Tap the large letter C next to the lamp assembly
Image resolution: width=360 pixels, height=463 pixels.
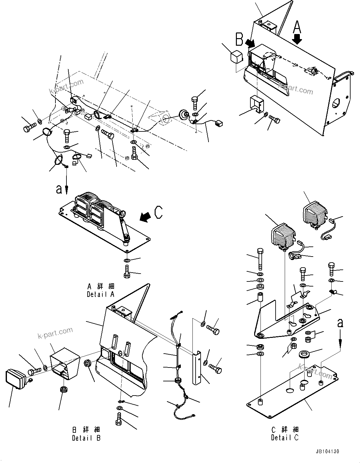[158, 212]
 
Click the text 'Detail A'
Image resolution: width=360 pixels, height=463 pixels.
[100, 294]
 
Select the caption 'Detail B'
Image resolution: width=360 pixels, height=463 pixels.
[86, 438]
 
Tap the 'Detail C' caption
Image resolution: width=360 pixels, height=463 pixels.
[285, 437]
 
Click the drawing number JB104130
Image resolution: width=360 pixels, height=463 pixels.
[328, 452]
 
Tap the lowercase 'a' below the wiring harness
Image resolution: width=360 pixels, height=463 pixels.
[59, 189]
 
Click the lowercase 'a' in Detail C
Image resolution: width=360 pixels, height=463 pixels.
[340, 323]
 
